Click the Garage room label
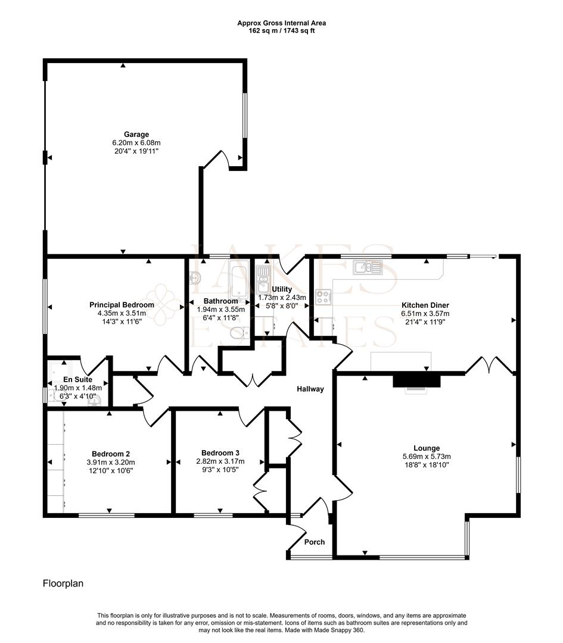click(x=136, y=134)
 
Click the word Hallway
click(x=310, y=389)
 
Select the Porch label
click(x=315, y=542)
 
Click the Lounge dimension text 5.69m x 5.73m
click(x=427, y=457)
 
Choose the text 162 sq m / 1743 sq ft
click(x=282, y=30)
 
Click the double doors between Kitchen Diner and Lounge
click(x=490, y=365)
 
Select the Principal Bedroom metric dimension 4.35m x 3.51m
click(x=122, y=313)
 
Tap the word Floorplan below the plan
click(x=63, y=584)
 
